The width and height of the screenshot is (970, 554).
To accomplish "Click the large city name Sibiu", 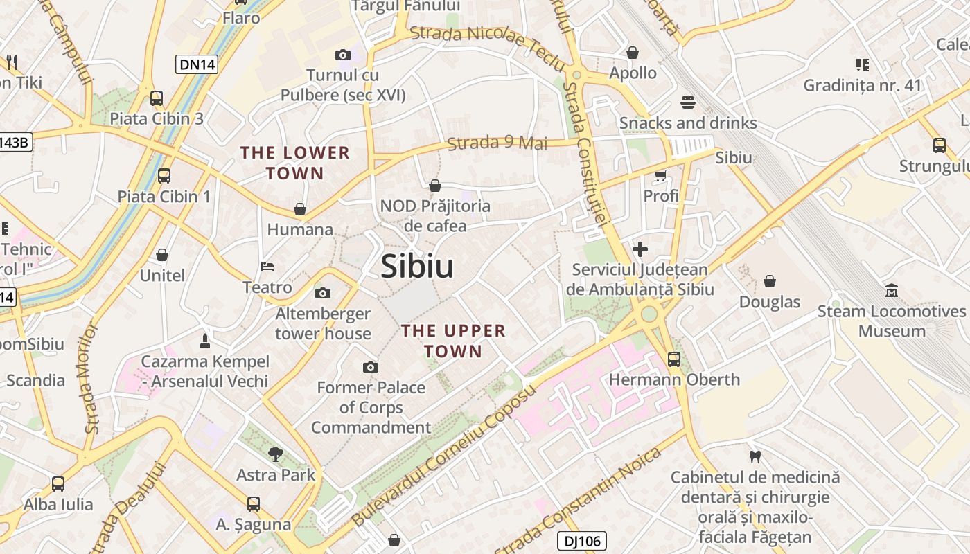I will click(x=417, y=267).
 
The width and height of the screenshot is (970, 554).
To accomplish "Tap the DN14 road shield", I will click(x=197, y=64).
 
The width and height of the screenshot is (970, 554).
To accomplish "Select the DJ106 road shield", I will click(x=582, y=541).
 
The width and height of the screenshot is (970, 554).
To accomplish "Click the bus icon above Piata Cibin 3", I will click(x=157, y=98).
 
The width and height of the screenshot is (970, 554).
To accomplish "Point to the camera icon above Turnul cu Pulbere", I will click(x=343, y=55).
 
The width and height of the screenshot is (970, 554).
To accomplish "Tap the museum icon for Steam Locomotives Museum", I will click(x=892, y=291).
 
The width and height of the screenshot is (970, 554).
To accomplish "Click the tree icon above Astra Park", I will click(x=276, y=454).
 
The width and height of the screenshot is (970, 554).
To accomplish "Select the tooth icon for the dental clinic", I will click(x=755, y=457).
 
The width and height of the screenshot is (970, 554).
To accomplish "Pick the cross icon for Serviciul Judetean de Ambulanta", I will click(x=640, y=249).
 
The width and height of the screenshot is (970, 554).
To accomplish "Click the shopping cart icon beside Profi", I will click(x=660, y=176).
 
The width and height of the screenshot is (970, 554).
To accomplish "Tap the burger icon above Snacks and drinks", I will click(x=688, y=102).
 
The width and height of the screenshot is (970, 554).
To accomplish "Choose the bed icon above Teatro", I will click(x=267, y=267).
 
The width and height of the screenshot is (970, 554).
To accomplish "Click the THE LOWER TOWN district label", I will click(x=294, y=163).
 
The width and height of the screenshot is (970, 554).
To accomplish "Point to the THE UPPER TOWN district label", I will click(x=454, y=341).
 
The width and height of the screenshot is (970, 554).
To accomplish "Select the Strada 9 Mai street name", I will click(x=497, y=143).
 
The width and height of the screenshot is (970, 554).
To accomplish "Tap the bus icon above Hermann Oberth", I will click(x=674, y=359).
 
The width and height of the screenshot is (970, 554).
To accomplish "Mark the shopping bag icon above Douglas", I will click(x=770, y=281).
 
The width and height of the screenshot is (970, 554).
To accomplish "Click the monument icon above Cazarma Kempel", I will click(x=205, y=341).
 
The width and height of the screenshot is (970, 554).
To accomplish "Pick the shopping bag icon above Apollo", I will click(x=633, y=53).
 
